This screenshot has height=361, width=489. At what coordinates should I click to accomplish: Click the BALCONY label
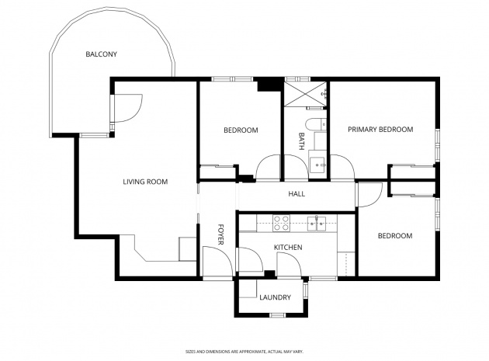click(x=102, y=54)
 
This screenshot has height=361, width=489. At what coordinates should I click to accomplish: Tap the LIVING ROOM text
click(x=145, y=182)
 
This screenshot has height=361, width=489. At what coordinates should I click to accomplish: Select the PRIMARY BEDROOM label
click(x=380, y=130)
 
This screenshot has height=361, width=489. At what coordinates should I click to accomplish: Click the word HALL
click(x=297, y=194)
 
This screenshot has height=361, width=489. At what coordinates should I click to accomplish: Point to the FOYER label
click(x=220, y=234)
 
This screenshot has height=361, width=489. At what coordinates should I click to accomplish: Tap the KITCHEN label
click(x=288, y=248)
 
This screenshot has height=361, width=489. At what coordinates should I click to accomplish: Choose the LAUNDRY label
click(x=275, y=297)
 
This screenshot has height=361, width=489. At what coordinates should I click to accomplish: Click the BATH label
click(x=302, y=141)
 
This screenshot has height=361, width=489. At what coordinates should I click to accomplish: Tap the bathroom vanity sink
click(x=317, y=164)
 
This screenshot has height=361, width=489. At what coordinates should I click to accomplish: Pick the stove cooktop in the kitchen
click(x=281, y=224)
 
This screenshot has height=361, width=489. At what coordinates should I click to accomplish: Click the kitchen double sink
click(x=316, y=224)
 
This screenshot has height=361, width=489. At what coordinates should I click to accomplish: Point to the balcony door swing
click(x=127, y=108)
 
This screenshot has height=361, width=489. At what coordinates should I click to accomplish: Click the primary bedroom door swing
click(x=342, y=167)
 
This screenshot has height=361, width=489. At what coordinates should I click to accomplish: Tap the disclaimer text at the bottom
click(x=244, y=352)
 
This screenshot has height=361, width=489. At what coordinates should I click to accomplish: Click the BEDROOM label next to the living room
click(x=241, y=130)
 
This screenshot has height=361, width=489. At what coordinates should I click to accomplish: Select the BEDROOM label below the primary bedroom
click(x=395, y=236)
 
